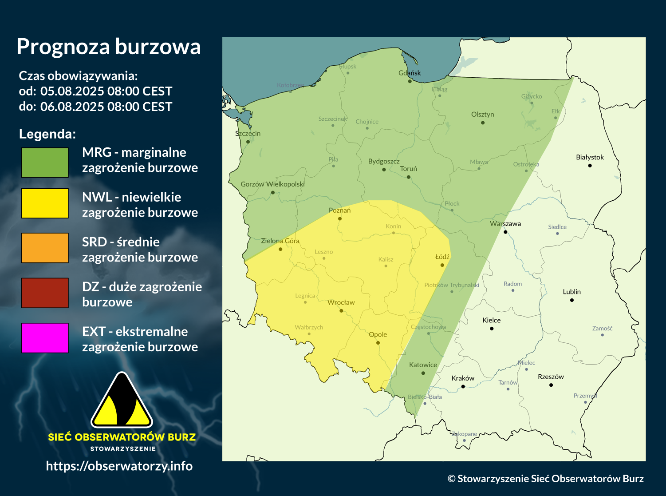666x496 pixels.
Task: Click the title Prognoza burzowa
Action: click(109, 47)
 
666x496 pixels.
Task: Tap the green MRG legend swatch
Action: click(45, 163)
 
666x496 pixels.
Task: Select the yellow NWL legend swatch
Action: click(45, 203)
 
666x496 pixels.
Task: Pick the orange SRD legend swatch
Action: click(45, 248)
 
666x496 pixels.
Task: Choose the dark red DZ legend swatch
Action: click(45, 293)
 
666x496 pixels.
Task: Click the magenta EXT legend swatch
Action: click(45, 338)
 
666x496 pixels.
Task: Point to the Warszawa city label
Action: click(505, 224)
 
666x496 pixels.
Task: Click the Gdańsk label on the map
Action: click(410, 73)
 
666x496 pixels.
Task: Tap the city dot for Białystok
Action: click(590, 166)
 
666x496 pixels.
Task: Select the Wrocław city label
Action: click(341, 302)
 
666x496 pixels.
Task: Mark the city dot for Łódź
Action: click(442, 265)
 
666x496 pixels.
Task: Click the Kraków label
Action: click(463, 378)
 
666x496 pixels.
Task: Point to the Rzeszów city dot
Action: click(551, 385)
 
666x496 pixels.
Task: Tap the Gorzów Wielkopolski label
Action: click(272, 184)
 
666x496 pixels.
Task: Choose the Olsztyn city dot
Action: click(483, 123)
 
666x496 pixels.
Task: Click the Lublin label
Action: click(571, 292)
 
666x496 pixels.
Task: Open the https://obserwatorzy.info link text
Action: click(119, 466)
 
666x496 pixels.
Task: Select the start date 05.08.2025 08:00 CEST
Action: click(106, 91)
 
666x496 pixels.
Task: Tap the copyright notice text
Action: click(545, 479)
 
